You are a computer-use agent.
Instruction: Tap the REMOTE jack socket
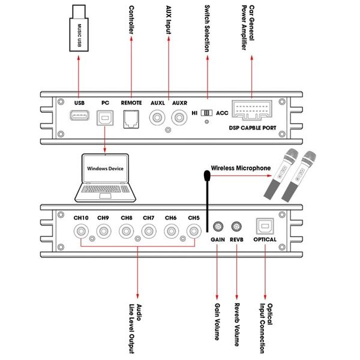pyautogui.click(x=131, y=120)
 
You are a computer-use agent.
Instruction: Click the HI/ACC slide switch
pyautogui.click(x=207, y=113)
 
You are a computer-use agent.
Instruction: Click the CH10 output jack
pyautogui.click(x=82, y=231)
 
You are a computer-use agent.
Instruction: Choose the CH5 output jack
pyautogui.click(x=193, y=231)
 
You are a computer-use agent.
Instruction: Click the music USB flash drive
pyautogui.click(x=80, y=28)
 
